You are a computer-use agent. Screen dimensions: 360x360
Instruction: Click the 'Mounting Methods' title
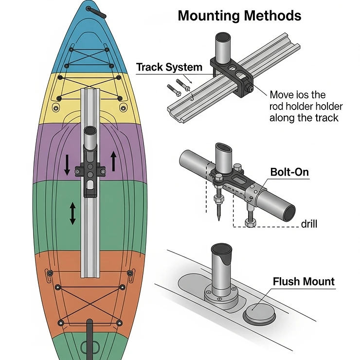click(x=239, y=15)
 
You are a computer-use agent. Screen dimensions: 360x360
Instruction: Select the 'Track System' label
click(x=169, y=67)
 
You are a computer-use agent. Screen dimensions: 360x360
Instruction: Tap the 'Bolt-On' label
click(x=289, y=172)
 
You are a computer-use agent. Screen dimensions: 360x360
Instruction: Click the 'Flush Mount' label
click(x=304, y=281)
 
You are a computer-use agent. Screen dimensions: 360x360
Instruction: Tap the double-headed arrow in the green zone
click(x=72, y=214)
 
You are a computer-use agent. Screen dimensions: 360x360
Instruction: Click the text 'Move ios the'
click(x=298, y=95)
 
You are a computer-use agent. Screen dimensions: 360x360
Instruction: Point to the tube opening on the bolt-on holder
click(x=224, y=148)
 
